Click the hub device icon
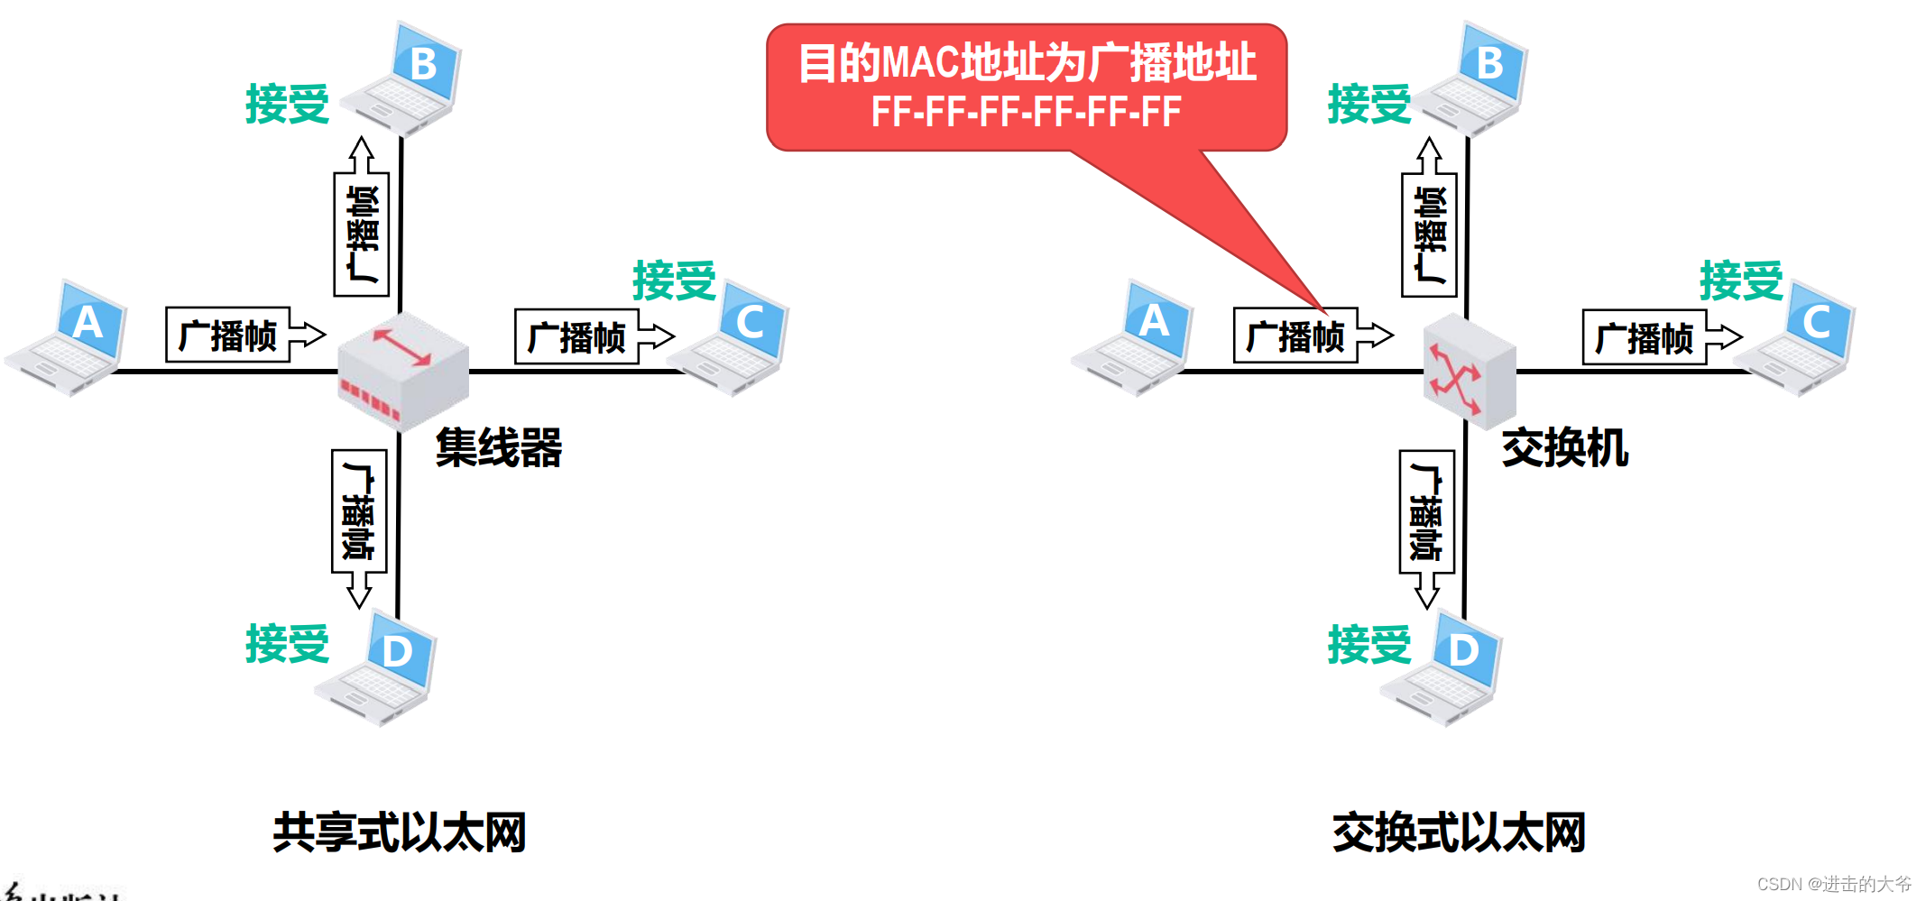coord(403,371)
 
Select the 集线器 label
coord(499,448)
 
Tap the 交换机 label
coord(1565,448)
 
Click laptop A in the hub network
coord(68,338)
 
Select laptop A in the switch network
coord(1134,338)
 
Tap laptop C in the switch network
coord(1795,338)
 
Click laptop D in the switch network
coord(1443,667)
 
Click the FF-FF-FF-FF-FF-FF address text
coord(1026,113)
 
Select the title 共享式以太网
coord(399,832)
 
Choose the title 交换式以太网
coord(1459,832)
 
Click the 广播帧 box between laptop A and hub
coord(228,336)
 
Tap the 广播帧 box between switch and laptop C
coord(1645,338)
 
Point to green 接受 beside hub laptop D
coord(287,644)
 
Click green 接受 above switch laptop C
coord(1741,280)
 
